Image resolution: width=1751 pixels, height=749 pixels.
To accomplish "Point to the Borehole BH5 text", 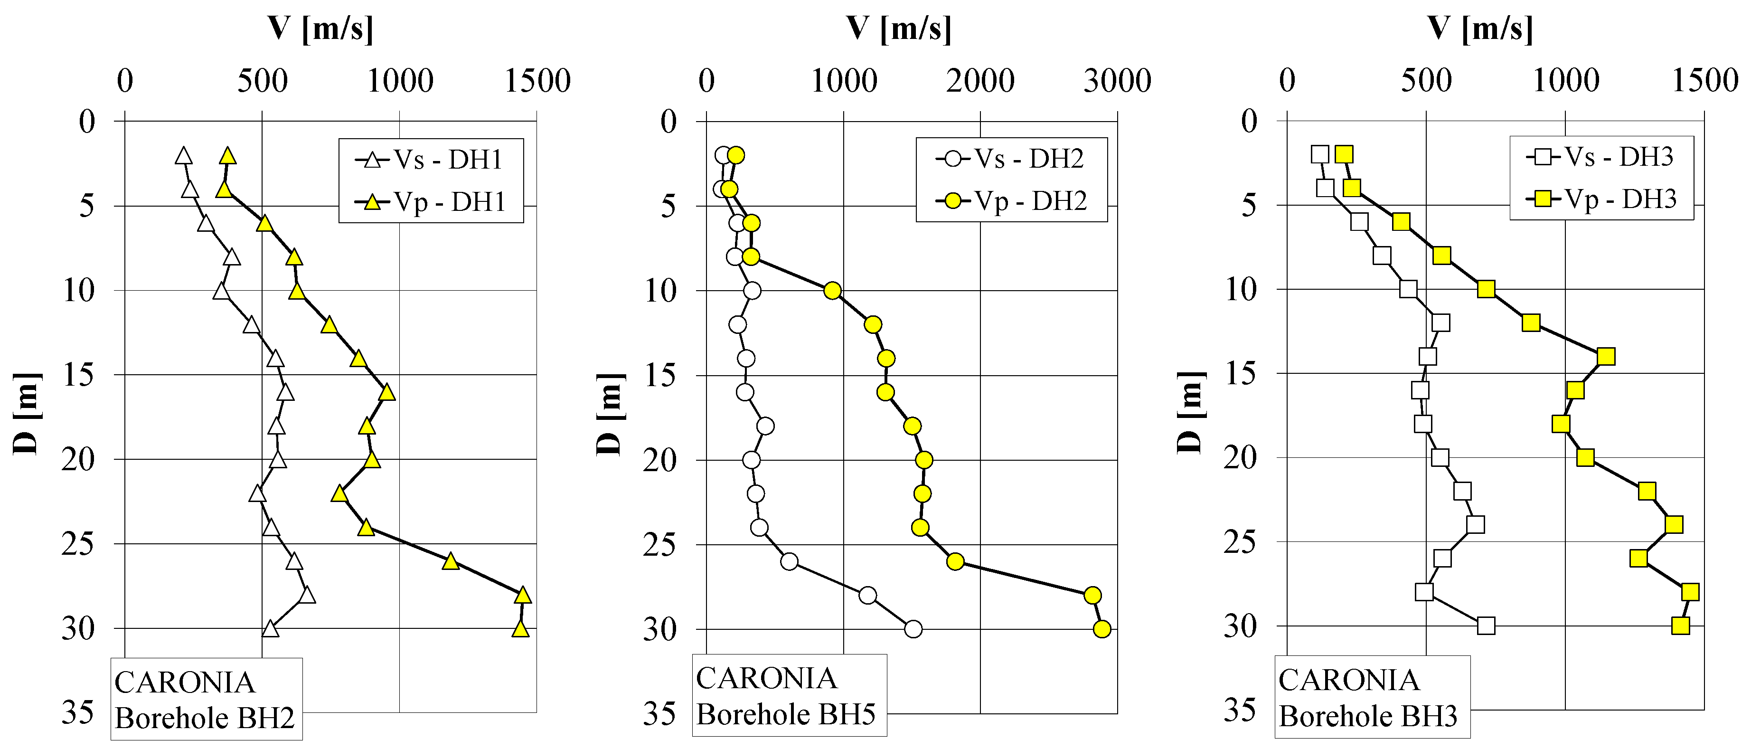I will [x=786, y=714].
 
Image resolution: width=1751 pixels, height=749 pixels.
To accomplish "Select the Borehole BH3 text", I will [x=1368, y=716].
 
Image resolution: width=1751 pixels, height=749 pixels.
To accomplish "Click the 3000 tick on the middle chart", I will [x=1117, y=81].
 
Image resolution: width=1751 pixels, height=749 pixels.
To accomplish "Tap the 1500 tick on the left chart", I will [x=537, y=81].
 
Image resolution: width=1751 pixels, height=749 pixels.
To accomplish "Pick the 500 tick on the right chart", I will [x=1426, y=81].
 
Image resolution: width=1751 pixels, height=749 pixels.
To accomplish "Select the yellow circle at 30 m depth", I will [x=1102, y=629].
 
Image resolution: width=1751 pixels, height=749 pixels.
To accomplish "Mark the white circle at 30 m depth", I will [x=913, y=629].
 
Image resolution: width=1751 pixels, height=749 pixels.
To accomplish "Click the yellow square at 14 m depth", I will [x=1606, y=356].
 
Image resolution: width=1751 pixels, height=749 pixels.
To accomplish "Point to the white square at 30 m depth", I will [x=1486, y=626].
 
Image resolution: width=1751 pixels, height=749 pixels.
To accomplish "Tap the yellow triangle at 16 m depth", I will [x=387, y=393].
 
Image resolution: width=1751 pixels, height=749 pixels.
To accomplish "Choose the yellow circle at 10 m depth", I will [x=832, y=291].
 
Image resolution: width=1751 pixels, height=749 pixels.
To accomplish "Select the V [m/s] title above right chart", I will [x=1480, y=28].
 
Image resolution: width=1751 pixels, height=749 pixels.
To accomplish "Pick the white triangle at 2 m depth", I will [x=183, y=156].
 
